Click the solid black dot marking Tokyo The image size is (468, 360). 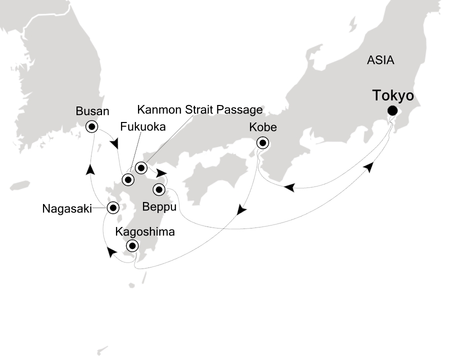pyautogui.click(x=392, y=111)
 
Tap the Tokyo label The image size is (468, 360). pyautogui.click(x=393, y=95)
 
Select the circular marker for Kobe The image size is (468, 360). pyautogui.click(x=262, y=142)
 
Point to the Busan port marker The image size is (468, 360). pyautogui.click(x=92, y=126)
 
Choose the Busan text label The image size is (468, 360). pyautogui.click(x=92, y=111)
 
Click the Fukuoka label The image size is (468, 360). pyautogui.click(x=143, y=127)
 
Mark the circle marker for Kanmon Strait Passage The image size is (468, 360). pyautogui.click(x=141, y=167)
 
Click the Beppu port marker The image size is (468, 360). pyautogui.click(x=159, y=189)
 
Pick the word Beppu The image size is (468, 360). pyautogui.click(x=159, y=205)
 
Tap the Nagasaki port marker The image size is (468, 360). pyautogui.click(x=113, y=207)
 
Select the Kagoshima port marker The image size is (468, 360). pyautogui.click(x=132, y=245)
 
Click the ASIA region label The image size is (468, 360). pyautogui.click(x=380, y=60)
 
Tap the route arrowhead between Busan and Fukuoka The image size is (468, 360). pyautogui.click(x=115, y=144)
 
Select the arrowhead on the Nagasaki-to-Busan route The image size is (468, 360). pyautogui.click(x=90, y=170)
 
